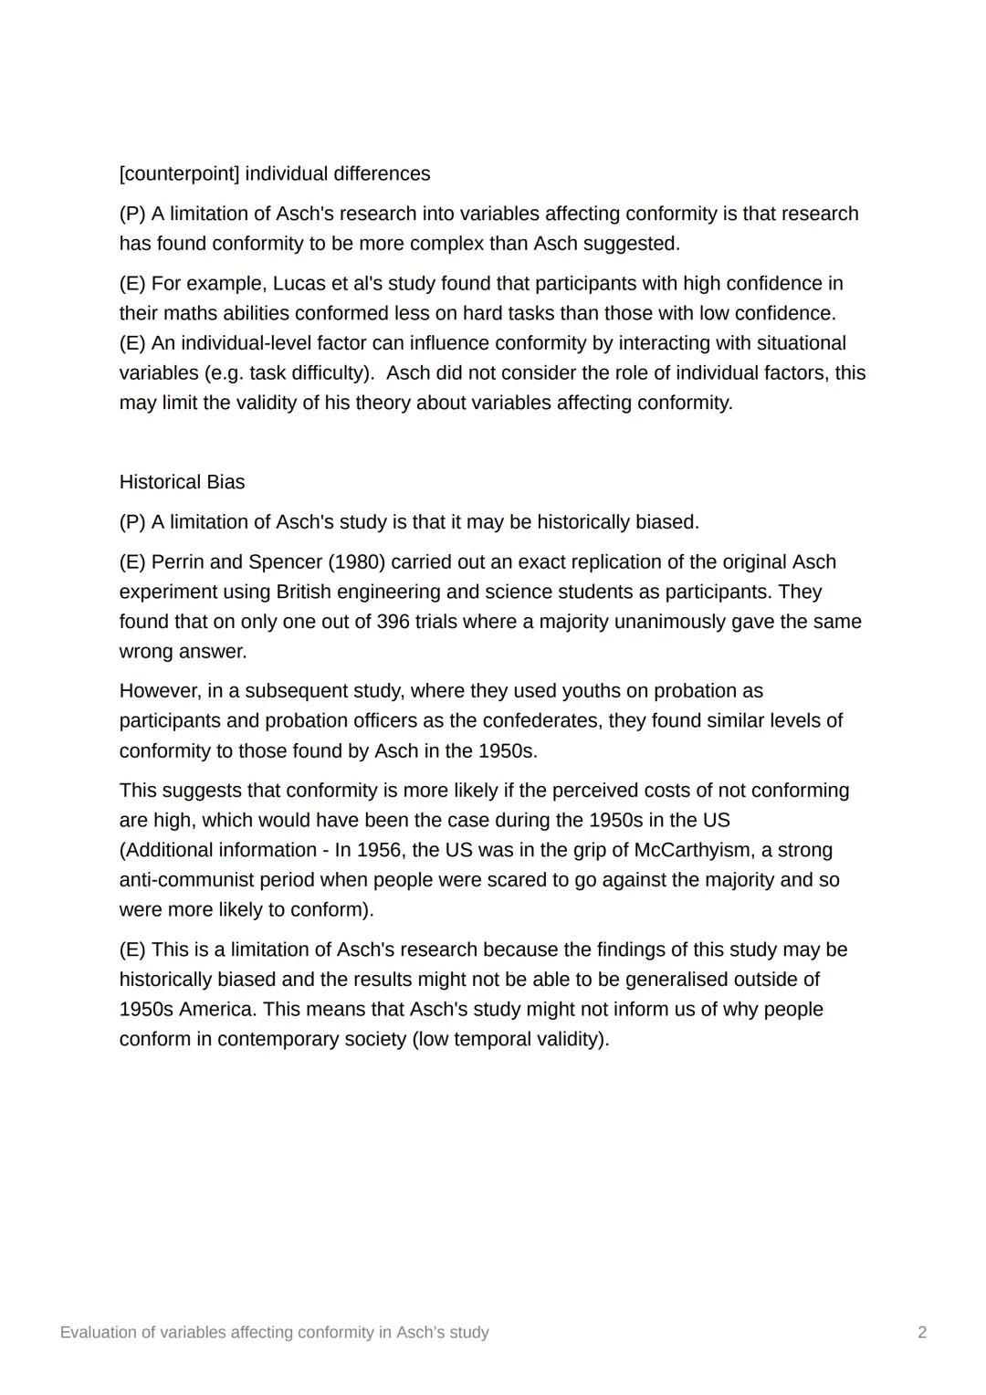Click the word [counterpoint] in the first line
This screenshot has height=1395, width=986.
[179, 173]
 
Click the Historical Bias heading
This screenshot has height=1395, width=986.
[182, 482]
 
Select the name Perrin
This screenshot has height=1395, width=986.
[177, 562]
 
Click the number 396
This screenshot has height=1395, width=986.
[393, 622]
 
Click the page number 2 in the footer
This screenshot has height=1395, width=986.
[922, 1333]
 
